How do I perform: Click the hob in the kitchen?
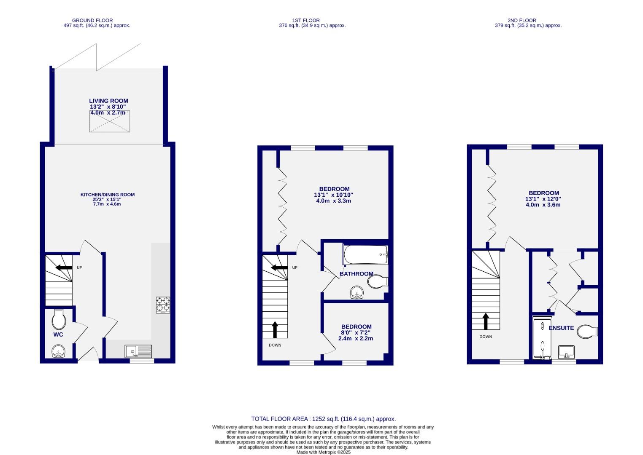pos(163,305)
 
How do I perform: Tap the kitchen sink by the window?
pos(138,351)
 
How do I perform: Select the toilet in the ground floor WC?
pos(59,320)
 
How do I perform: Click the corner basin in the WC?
pos(58,351)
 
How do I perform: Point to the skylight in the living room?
pos(109,121)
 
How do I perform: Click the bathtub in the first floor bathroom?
pos(365,254)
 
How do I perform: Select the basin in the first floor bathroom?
pos(357,292)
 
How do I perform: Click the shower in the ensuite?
pos(542,339)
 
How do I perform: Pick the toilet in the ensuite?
pos(587,331)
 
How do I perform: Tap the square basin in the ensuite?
pos(566,351)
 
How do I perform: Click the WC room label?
pos(58,335)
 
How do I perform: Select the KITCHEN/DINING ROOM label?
pos(108,195)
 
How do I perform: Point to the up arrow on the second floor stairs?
pos(486,321)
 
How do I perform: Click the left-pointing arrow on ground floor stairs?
pos(64,267)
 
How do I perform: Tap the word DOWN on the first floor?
pos(275,345)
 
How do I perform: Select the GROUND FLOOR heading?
pos(92,20)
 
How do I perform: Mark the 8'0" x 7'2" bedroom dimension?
pos(357,332)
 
